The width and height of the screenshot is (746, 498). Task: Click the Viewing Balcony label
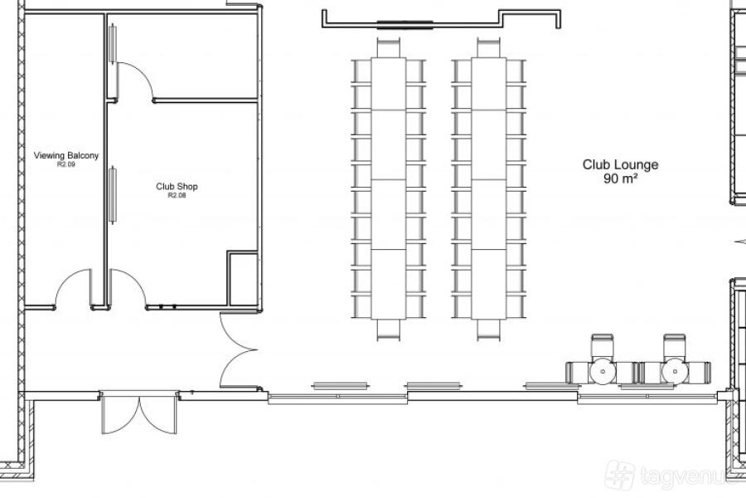(x=66, y=155)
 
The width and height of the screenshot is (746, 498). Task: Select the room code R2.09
(x=66, y=164)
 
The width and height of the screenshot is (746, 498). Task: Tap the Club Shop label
(x=177, y=186)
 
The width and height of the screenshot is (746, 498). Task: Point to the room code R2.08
(x=177, y=195)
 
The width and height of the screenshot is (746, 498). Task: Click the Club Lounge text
(x=620, y=164)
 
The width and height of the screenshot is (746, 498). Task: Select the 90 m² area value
(x=620, y=178)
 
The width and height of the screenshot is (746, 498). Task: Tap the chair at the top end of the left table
(x=388, y=47)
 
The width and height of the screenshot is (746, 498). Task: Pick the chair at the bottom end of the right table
(x=488, y=330)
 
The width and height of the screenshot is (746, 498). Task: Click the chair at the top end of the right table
(x=488, y=47)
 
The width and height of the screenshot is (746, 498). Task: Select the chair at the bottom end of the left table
(x=388, y=330)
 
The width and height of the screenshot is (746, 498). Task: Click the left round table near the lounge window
(x=603, y=371)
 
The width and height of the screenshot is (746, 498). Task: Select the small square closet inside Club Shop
(x=243, y=278)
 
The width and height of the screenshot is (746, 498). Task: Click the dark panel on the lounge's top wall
(x=404, y=24)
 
